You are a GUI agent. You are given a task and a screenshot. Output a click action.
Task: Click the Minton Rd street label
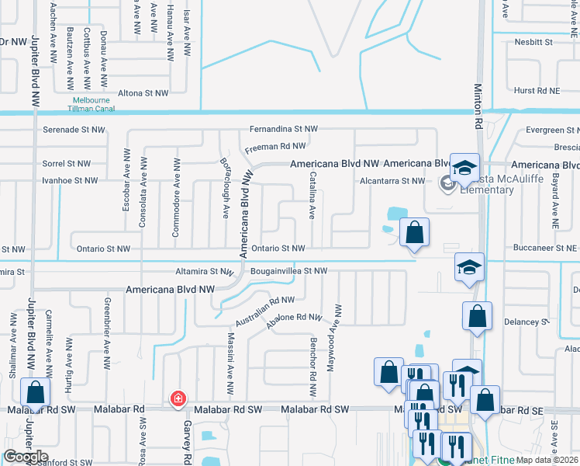(478, 107)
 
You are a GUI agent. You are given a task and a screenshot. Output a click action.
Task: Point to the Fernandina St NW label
(284, 129)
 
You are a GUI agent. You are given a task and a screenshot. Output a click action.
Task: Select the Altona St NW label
(143, 93)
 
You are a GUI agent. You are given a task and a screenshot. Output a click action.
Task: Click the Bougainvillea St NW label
(289, 271)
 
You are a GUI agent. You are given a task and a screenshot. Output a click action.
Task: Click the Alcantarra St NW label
(392, 181)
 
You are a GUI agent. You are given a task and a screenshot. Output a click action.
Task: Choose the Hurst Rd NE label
(537, 91)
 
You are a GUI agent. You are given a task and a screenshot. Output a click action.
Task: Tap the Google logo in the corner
(26, 457)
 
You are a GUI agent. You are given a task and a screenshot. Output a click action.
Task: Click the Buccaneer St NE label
(545, 248)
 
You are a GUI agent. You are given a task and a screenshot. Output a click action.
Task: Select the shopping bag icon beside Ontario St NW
(415, 231)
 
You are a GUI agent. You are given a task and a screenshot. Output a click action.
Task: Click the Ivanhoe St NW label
(70, 180)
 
